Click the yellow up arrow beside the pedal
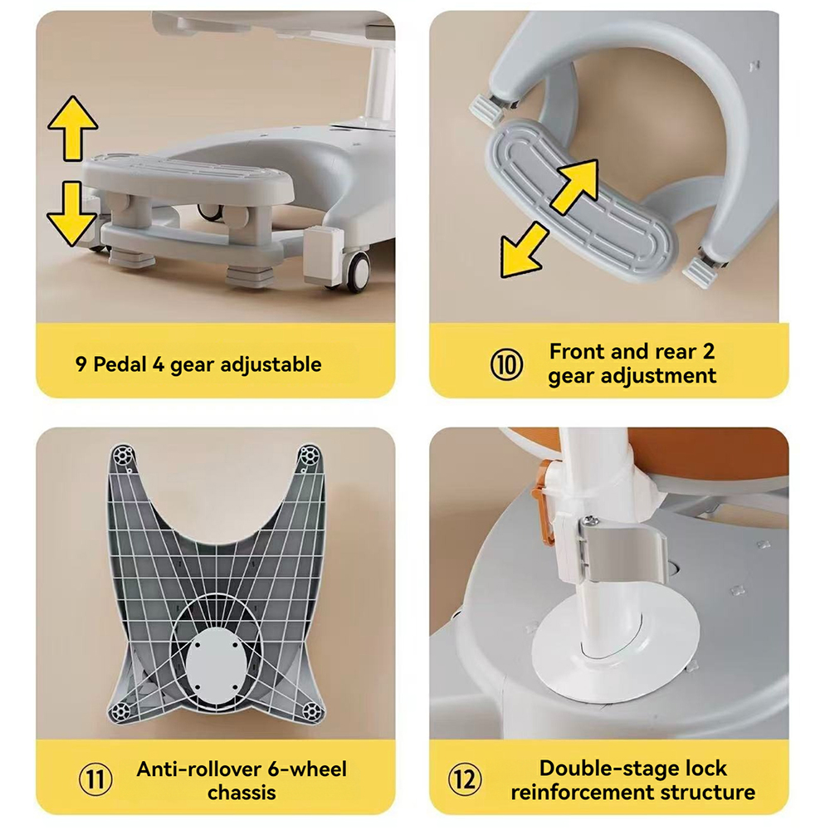click(x=72, y=128)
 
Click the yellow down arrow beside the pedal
click(x=72, y=213)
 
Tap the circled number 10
click(x=506, y=364)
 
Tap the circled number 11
click(x=95, y=779)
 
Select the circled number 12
click(x=465, y=779)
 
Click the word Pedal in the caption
click(x=120, y=364)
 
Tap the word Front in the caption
click(x=577, y=351)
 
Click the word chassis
click(x=242, y=793)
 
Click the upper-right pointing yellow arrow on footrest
click(x=574, y=187)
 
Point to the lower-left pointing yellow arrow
click(x=525, y=250)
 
